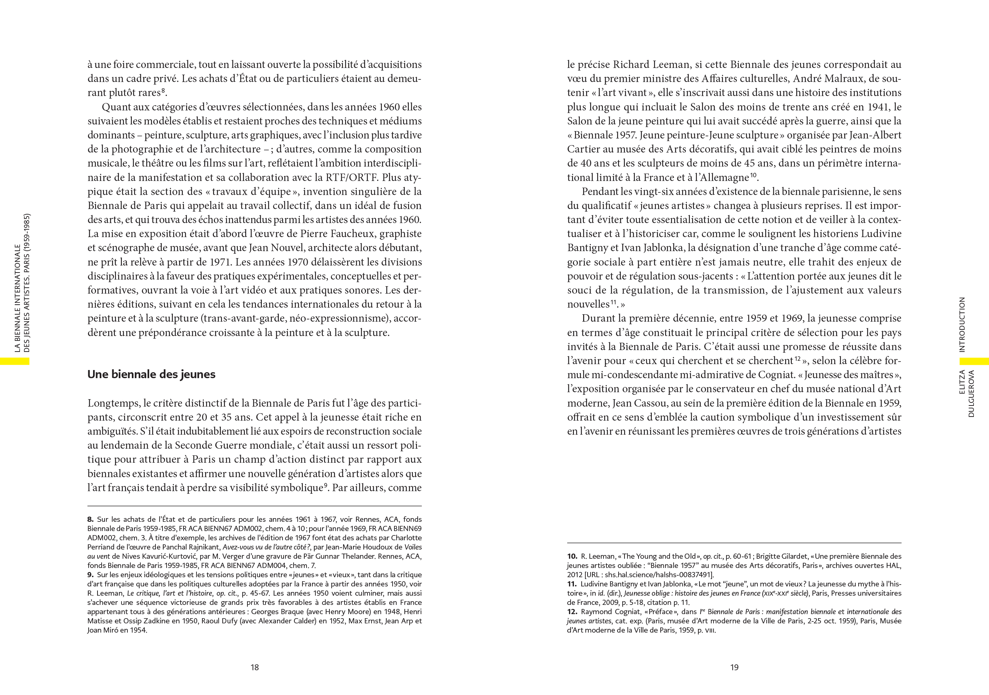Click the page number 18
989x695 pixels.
pos(254,667)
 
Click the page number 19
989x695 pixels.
pos(735,667)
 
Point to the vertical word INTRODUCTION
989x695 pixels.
pos(962,324)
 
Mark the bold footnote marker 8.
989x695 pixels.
pos(90,519)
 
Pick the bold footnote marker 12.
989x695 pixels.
pos(572,612)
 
